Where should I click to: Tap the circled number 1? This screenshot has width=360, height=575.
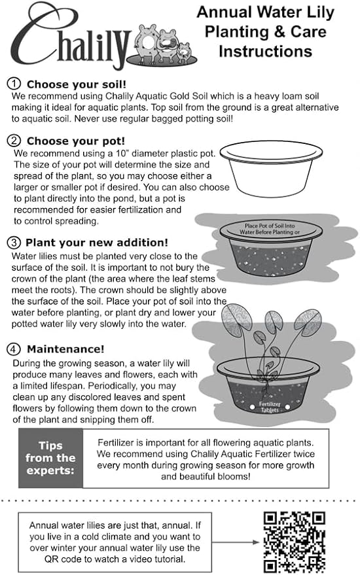click(x=14, y=84)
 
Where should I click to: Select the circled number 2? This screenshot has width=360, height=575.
click(x=14, y=141)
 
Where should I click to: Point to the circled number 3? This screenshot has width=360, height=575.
click(x=14, y=243)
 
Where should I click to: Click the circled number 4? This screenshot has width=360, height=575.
click(x=14, y=349)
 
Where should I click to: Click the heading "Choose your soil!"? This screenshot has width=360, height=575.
click(x=77, y=84)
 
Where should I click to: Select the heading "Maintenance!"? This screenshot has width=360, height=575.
click(x=65, y=349)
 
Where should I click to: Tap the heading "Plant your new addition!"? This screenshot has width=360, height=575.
click(x=97, y=243)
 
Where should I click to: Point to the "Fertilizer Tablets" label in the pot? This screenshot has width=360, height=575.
click(x=270, y=407)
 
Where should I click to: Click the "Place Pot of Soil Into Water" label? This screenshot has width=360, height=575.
click(x=270, y=229)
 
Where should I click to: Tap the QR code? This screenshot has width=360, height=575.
click(x=295, y=542)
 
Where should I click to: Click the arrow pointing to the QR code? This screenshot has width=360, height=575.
click(x=236, y=542)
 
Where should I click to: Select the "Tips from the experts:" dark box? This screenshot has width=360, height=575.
click(x=50, y=458)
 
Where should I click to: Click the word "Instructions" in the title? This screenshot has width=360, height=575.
click(x=265, y=51)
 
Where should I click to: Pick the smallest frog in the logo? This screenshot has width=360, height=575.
click(x=184, y=52)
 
